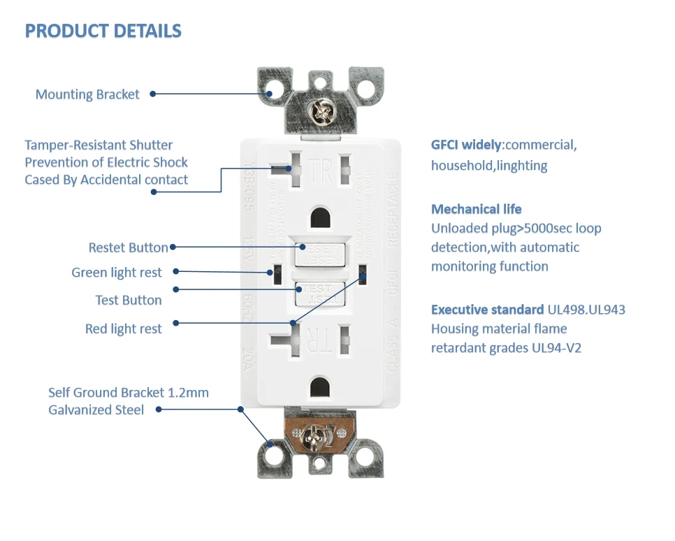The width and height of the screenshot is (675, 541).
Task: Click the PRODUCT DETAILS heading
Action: [103, 31]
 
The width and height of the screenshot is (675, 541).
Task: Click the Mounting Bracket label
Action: [87, 94]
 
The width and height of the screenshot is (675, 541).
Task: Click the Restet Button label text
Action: [128, 247]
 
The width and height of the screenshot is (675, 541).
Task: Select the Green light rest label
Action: [116, 273]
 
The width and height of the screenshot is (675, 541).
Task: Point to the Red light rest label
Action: [123, 329]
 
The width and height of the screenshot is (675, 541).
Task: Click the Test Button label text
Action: [128, 300]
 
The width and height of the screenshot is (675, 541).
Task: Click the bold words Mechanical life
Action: [476, 209]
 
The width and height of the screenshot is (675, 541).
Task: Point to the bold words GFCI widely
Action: [466, 145]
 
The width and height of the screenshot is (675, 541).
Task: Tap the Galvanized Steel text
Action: [96, 410]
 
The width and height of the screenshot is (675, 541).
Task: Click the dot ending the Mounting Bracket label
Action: [152, 94]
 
